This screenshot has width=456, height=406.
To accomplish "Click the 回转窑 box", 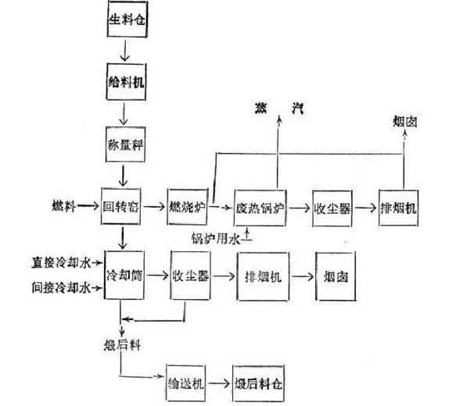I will [x=120, y=208].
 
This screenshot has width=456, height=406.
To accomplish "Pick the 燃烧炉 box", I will [x=186, y=208].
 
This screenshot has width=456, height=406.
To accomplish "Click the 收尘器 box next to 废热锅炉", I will [x=332, y=208].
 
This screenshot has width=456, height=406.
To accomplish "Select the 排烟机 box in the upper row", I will [x=401, y=209].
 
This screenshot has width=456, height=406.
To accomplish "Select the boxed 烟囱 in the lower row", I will [x=336, y=276].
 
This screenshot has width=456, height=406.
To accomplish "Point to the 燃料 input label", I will [x=59, y=208].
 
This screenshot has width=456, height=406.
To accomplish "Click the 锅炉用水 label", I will [x=214, y=237].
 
